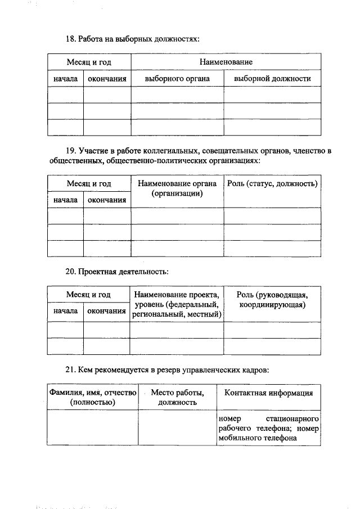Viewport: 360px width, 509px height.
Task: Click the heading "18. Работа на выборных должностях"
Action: [x=133, y=39]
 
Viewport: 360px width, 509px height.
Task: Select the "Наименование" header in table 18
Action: [x=226, y=61]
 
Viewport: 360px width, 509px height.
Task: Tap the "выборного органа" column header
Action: [x=177, y=79]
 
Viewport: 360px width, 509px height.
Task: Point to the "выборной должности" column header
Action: [x=272, y=79]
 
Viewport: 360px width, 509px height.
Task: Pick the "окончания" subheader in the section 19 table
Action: [x=107, y=200]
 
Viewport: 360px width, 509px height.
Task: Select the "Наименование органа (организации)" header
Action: [x=177, y=188]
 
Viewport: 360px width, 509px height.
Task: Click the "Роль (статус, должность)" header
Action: [x=272, y=184]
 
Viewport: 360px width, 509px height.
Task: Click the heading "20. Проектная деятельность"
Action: [x=117, y=271]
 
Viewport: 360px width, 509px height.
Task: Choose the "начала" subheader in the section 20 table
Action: [x=65, y=310]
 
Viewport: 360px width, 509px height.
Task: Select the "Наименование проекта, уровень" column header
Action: [x=177, y=304]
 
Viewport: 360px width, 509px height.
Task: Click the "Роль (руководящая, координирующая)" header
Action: [x=272, y=300]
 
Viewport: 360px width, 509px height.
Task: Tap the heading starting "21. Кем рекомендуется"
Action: [x=168, y=370]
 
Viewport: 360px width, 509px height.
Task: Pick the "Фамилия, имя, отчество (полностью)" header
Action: [x=93, y=398]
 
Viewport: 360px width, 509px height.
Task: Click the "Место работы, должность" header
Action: [x=177, y=398]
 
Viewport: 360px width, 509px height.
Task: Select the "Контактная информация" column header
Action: [x=268, y=393]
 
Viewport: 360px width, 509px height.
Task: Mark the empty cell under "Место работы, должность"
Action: [x=177, y=428]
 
